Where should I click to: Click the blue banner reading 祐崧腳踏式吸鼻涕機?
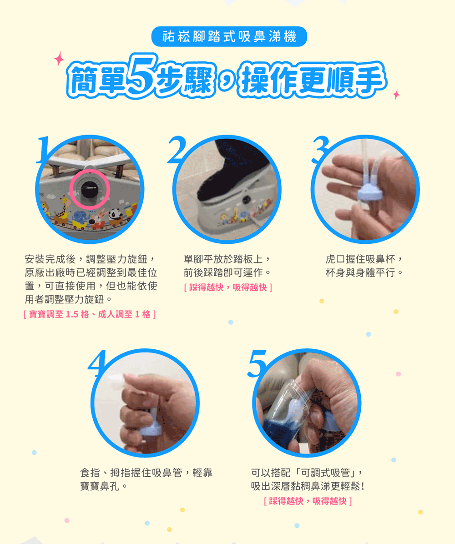(x=229, y=36)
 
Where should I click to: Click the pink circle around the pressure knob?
(x=90, y=189)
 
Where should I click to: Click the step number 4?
(x=98, y=363)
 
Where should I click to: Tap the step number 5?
(x=257, y=363)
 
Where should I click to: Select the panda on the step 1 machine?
(x=115, y=215)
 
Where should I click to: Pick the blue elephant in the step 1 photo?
(x=81, y=219)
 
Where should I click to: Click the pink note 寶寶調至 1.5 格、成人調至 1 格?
(x=90, y=314)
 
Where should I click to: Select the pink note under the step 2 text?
(x=228, y=287)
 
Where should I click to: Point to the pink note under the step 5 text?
(x=308, y=501)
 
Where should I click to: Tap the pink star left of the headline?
(x=59, y=59)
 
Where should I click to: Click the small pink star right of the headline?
(x=396, y=94)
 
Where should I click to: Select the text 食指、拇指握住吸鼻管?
(x=131, y=473)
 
